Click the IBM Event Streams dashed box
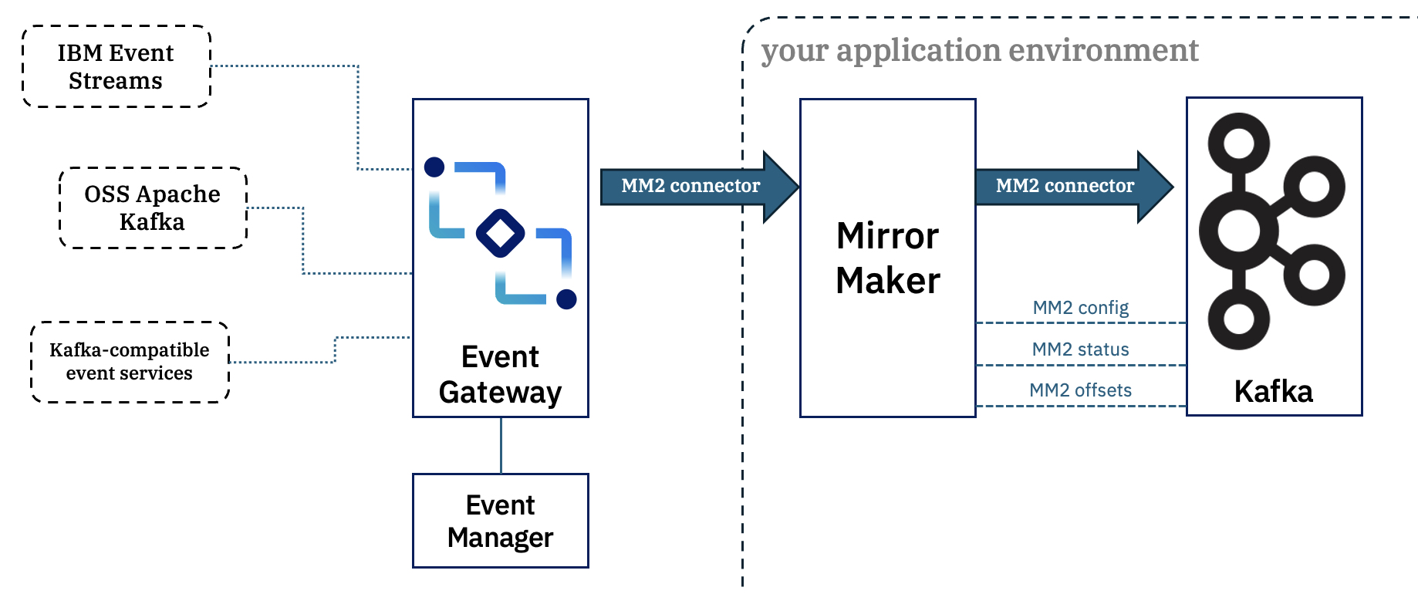point(116,66)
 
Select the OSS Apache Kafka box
point(153,208)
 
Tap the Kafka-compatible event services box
point(130,362)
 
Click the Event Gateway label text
point(500,375)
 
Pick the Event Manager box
point(501,521)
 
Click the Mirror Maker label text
point(888,258)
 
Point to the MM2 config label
point(1080,308)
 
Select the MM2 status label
point(1080,349)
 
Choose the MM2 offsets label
point(1080,390)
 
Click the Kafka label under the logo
point(1274,392)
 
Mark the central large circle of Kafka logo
point(1239,231)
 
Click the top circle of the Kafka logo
point(1239,143)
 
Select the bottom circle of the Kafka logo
point(1239,319)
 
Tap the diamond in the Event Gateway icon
point(501,233)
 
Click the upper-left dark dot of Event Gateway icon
point(434,167)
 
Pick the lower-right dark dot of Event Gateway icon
point(566,299)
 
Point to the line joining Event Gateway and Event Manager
point(501,445)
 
